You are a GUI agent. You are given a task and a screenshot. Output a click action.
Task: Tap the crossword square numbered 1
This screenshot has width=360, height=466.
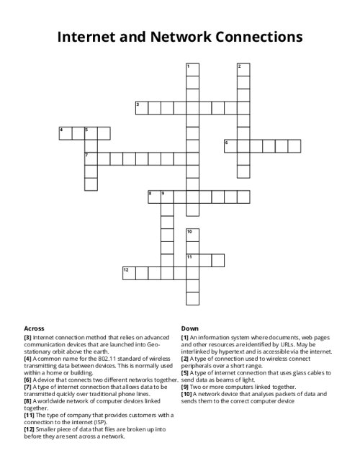[192, 70]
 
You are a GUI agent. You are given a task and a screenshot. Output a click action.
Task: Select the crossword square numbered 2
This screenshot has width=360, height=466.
[243, 70]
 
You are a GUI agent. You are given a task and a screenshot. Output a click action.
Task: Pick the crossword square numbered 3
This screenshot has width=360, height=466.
[142, 108]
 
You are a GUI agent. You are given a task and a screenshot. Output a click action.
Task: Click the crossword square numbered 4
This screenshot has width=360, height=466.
[66, 133]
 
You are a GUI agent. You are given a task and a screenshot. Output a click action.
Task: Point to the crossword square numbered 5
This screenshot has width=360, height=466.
[91, 133]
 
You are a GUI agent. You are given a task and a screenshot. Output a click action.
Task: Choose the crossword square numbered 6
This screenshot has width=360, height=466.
[230, 146]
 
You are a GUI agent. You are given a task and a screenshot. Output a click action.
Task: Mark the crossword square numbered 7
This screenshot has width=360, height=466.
[91, 158]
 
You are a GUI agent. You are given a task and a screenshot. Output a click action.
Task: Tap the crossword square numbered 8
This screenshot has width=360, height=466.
[154, 197]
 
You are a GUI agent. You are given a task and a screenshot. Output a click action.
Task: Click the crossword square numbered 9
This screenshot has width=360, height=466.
[167, 197]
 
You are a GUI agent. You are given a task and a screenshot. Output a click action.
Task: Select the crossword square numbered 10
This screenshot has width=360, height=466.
[192, 235]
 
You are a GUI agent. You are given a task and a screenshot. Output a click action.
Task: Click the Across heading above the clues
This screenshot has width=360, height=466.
[34, 328]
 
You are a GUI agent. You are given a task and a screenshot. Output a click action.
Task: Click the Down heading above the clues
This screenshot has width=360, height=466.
[189, 328]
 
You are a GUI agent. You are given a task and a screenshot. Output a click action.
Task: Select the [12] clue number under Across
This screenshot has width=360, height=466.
[30, 429]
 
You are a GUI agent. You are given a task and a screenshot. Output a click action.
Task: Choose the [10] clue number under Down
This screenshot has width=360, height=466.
[187, 394]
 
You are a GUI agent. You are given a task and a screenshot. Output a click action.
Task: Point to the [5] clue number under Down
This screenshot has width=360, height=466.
[185, 373]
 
